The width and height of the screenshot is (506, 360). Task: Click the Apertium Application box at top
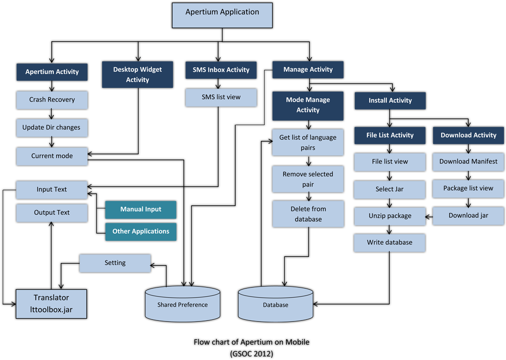point(222,15)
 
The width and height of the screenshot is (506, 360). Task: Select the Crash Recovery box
point(52,100)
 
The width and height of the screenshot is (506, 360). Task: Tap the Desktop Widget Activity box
point(137,74)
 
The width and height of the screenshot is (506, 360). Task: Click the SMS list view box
point(221,97)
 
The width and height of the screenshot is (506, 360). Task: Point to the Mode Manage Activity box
point(308,105)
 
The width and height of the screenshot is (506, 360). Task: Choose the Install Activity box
point(390,101)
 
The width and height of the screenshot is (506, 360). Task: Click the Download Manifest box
point(468,161)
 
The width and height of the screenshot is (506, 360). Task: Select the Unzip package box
point(389,216)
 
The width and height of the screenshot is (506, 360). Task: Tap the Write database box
point(389,242)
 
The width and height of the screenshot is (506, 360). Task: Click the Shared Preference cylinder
point(182,304)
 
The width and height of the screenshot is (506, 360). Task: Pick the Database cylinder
point(275,304)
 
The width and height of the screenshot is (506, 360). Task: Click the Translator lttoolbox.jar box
point(51,304)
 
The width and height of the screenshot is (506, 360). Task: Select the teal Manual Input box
point(141,209)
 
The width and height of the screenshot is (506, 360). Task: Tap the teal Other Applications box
point(141,231)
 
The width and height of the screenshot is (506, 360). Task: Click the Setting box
point(115,263)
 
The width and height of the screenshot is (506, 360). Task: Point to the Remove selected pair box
point(308,179)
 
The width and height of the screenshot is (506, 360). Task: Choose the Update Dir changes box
point(52,127)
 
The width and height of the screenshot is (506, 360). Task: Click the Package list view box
point(468,188)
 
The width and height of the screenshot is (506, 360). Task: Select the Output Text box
point(52,213)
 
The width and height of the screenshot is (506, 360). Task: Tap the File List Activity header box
point(389,135)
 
